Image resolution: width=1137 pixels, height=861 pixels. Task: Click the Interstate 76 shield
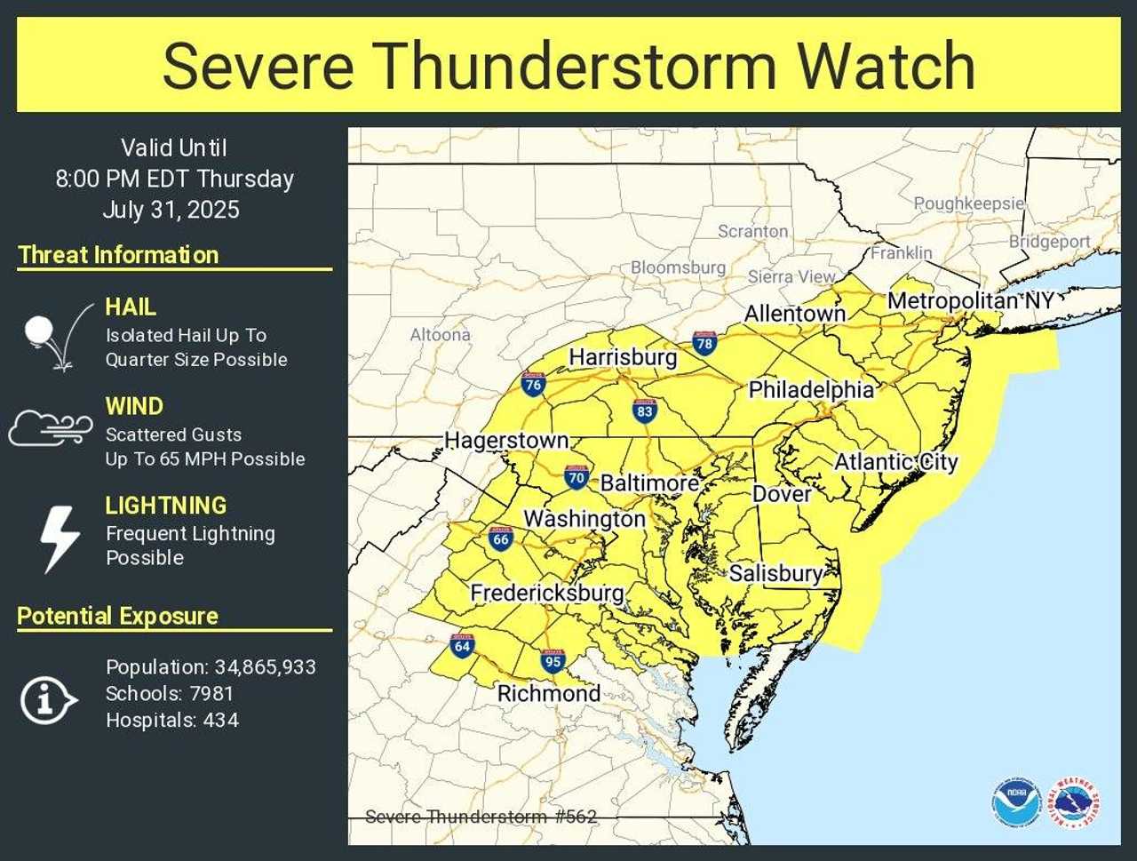[x=533, y=384]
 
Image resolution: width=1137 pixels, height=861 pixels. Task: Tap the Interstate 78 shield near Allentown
[x=704, y=342]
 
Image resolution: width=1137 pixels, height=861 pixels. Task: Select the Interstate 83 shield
[x=645, y=411]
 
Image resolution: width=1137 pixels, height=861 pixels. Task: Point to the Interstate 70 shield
[x=576, y=477]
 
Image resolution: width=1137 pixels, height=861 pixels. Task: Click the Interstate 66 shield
[x=501, y=538]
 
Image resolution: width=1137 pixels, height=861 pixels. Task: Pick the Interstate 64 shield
[x=462, y=646]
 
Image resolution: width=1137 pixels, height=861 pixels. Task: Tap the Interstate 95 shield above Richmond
[x=553, y=660]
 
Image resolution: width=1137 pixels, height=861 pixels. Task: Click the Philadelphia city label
[x=811, y=389]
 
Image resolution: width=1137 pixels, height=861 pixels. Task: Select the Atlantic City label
[x=895, y=462]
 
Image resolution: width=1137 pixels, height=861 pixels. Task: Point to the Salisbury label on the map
[x=775, y=573]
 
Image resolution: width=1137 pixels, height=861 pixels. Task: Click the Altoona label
[x=440, y=335]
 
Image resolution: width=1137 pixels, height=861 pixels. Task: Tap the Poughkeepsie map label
[x=968, y=203]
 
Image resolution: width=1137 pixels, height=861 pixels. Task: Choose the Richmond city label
[x=548, y=693]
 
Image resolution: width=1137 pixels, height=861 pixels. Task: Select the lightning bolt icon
[x=60, y=538]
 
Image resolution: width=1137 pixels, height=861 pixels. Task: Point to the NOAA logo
[x=1016, y=803]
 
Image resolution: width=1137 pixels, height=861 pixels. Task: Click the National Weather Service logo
[x=1073, y=803]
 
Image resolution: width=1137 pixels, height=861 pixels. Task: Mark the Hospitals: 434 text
[x=172, y=721]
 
